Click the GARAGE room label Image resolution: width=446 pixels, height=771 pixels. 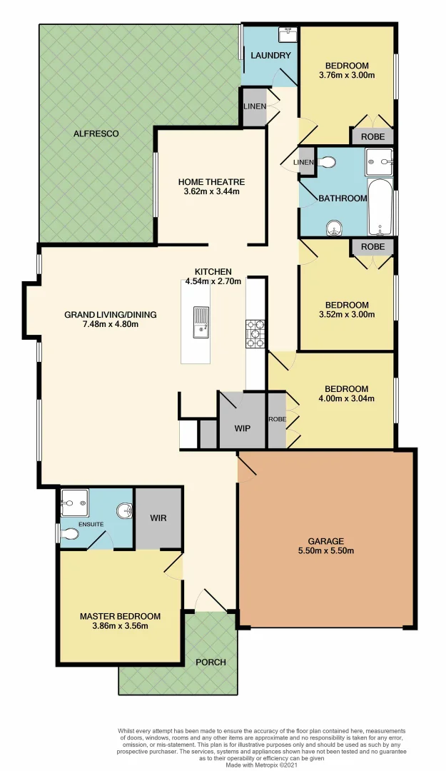325,540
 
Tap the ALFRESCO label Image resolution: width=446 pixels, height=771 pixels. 96,133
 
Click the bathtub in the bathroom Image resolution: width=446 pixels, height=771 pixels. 379,206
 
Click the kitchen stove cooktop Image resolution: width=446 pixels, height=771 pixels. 255,333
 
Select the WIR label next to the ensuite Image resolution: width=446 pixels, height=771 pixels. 158,518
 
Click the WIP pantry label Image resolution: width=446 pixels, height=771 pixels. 243,429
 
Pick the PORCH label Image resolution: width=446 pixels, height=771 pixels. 211,662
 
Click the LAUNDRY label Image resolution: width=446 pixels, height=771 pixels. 270,55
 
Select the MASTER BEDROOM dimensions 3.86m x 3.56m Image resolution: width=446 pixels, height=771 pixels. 119,626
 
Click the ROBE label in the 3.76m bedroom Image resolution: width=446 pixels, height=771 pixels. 372,136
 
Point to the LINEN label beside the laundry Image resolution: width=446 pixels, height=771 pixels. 255,107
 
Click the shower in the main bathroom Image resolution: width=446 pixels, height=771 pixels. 378,162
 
